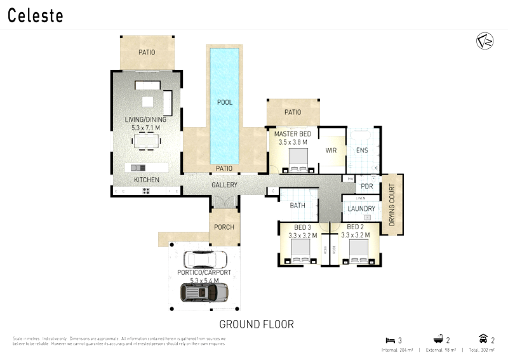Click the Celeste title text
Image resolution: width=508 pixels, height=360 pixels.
pos(36,16)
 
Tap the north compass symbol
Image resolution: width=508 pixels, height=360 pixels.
pos(485,41)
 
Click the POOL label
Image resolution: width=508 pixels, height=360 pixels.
pos(225,102)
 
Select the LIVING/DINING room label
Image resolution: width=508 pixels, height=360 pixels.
pos(147,119)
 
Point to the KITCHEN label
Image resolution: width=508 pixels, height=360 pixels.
pos(147,180)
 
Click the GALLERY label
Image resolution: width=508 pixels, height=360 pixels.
pos(225,185)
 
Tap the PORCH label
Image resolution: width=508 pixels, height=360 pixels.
pos(224,227)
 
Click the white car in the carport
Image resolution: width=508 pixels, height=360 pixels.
pos(205,260)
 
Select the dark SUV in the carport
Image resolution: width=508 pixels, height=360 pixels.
pos(204,292)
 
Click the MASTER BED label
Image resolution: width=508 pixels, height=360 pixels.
pos(291,135)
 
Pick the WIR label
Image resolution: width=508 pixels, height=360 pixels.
pos(331,151)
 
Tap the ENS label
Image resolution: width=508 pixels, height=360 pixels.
pos(362,151)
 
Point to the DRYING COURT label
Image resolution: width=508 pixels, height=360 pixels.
pos(392,205)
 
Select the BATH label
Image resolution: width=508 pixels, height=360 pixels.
pos(297,206)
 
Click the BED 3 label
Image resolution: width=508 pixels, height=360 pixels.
pos(302,227)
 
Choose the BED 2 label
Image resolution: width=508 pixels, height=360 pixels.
pos(354,227)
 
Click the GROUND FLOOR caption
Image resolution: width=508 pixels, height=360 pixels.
pos(257,324)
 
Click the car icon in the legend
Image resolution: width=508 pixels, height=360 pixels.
pos(483,340)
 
